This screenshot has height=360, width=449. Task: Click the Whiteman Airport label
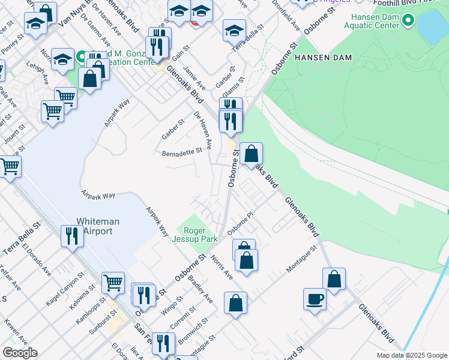98,226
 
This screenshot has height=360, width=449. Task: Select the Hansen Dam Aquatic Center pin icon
408,21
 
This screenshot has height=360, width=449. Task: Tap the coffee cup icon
315,299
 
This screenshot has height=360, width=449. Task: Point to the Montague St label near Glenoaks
301,259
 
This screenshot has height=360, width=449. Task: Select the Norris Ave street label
221,266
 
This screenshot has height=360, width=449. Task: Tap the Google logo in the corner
20,352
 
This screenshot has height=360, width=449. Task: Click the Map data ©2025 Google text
412,355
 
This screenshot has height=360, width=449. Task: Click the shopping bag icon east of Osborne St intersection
252,154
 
